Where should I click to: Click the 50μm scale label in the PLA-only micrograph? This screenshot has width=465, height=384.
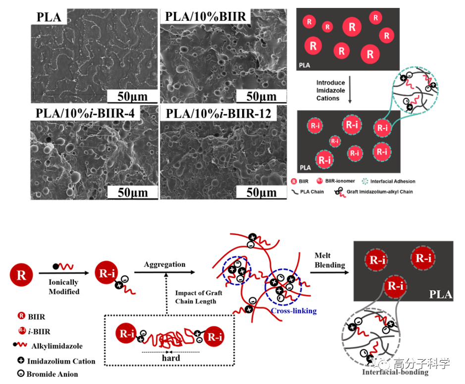131,95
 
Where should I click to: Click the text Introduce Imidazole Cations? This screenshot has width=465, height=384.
328,89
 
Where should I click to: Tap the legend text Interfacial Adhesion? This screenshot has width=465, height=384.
394,182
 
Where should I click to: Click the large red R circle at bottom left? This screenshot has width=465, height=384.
21,274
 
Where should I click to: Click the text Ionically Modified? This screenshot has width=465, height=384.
64,287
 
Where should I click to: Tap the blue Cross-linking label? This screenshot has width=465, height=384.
294,311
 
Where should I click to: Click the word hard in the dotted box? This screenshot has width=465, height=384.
170,358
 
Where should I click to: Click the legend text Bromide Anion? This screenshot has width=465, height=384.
52,374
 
